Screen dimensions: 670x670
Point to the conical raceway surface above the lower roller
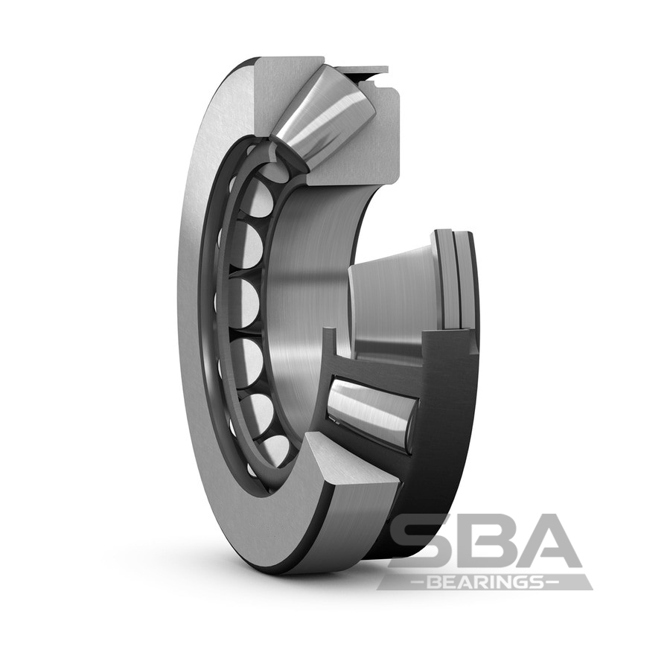click(x=391, y=298)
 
